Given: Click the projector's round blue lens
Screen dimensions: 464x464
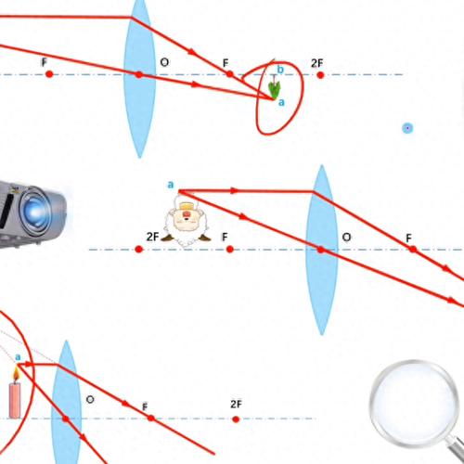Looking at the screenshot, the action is (x=34, y=212).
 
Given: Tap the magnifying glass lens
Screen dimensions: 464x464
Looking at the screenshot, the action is (x=415, y=403).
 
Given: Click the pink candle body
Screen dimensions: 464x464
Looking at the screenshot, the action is (x=15, y=401).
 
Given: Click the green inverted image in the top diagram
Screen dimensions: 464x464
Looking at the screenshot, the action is (x=274, y=90).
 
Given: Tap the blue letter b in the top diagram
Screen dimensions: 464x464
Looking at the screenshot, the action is (x=280, y=70).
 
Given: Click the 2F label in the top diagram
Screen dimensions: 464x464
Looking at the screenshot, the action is (x=317, y=63).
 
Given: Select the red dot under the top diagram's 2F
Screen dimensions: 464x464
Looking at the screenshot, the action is (x=320, y=75).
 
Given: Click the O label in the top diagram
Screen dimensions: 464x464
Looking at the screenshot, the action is (x=164, y=62).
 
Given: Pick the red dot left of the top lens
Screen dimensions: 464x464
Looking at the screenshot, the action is (x=49, y=74).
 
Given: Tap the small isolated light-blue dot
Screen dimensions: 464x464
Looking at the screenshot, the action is (x=407, y=128).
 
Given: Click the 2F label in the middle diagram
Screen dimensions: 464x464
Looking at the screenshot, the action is (x=152, y=237).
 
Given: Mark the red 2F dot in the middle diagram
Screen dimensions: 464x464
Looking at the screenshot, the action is (x=139, y=249).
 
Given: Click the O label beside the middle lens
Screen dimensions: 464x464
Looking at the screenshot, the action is (x=346, y=238).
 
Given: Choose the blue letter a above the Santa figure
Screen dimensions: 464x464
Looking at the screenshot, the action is (x=171, y=185).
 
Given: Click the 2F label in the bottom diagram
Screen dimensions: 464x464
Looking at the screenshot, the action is (x=236, y=404).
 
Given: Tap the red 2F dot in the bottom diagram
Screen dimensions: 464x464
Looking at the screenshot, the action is (x=236, y=419).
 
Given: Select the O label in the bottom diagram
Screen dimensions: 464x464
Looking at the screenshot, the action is (x=90, y=399).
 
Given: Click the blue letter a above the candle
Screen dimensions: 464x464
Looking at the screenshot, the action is (x=18, y=357).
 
